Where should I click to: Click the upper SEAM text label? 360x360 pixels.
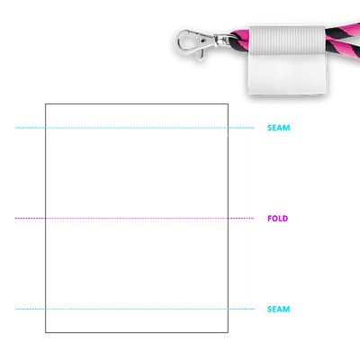(279, 128)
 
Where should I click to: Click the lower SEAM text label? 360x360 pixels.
(279, 310)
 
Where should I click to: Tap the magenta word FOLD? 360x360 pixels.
(277, 219)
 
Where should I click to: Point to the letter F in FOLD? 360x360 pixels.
(269, 219)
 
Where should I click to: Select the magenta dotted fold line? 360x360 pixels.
(135, 218)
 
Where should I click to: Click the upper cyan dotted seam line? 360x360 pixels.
(135, 128)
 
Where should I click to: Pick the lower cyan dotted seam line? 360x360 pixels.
(135, 309)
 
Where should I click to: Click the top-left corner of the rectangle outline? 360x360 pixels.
(46, 104)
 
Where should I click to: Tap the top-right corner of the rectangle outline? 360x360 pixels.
(228, 104)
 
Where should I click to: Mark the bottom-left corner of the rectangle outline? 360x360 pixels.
(46, 332)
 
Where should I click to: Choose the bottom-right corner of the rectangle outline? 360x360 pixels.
(228, 332)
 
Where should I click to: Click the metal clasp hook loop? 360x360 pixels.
(180, 43)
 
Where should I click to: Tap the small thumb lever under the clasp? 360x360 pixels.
(201, 54)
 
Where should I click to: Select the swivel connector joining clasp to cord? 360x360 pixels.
(222, 40)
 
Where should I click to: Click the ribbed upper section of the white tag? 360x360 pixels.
(287, 40)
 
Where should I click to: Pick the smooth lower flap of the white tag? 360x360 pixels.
(287, 75)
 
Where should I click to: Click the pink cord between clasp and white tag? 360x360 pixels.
(240, 39)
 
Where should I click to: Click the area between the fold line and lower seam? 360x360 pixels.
(137, 264)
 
